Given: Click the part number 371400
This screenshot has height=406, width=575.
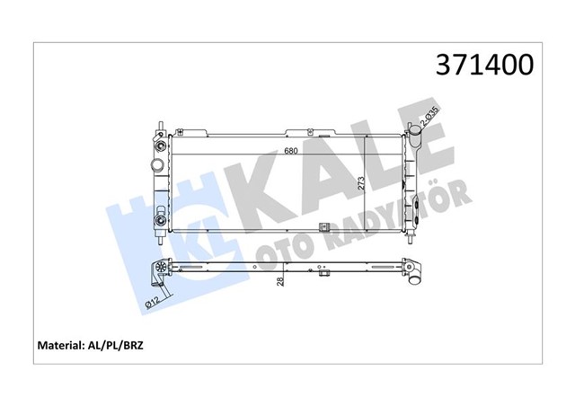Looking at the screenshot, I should pos(484,66).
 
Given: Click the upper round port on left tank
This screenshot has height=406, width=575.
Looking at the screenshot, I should pos(160,146).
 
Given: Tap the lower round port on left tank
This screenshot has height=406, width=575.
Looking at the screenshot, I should pos(160,220).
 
